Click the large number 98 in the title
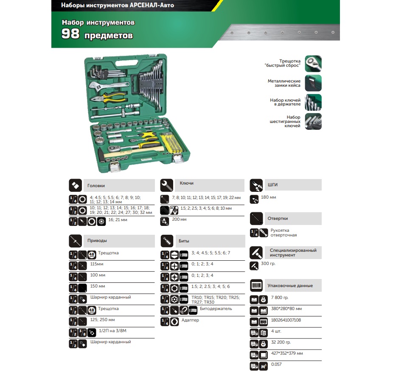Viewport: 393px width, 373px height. click(70, 34)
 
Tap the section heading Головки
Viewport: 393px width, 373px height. click(96, 185)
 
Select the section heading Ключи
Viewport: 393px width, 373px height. click(186, 183)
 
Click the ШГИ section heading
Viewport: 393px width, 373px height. click(272, 185)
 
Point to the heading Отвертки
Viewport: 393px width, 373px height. click(278, 219)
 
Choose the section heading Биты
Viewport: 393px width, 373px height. click(184, 241)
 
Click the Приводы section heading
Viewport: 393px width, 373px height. click(97, 241)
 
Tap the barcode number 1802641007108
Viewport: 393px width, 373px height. click(286, 320)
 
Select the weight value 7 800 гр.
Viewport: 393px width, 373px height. click(280, 297)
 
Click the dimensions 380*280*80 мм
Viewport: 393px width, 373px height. click(286, 308)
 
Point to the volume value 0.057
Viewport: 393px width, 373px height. click(276, 364)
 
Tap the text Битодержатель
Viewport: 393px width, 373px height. click(216, 309)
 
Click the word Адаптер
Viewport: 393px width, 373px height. click(190, 320)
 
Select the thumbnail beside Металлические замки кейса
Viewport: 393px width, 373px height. click(313, 83)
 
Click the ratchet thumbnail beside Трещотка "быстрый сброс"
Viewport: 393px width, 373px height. click(313, 64)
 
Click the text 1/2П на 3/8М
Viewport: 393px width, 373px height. click(112, 331)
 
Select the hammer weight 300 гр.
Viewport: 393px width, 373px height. click(268, 264)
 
